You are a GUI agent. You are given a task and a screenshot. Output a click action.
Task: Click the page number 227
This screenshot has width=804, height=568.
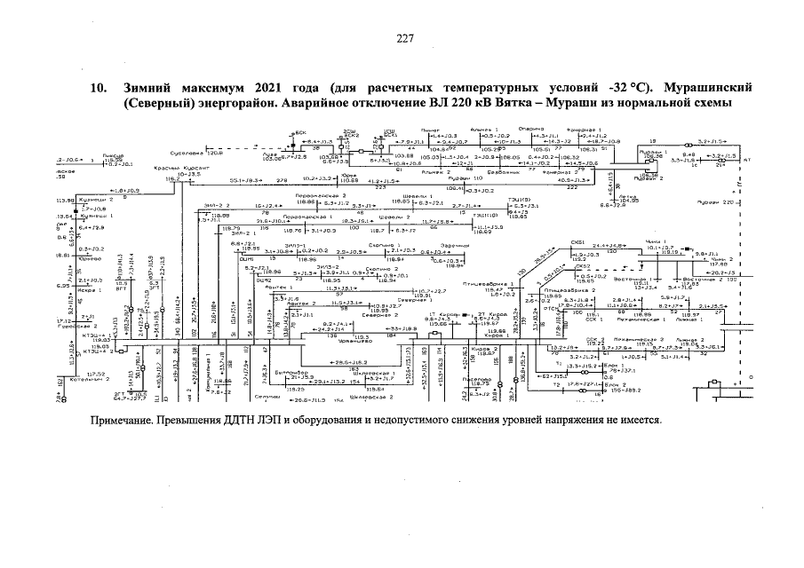[x=404, y=37]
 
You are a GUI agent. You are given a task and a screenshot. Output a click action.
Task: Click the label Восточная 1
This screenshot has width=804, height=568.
[x=657, y=277]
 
